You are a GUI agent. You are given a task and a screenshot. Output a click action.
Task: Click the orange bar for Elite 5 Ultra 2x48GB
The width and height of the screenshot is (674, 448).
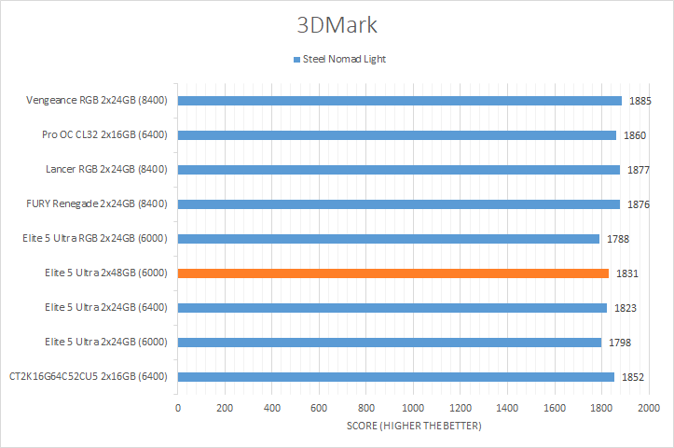click(x=392, y=273)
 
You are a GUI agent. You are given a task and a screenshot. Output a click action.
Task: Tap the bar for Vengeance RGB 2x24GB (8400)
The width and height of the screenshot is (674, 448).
click(x=399, y=101)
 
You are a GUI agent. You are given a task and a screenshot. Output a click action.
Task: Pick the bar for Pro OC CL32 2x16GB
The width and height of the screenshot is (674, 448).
click(x=396, y=135)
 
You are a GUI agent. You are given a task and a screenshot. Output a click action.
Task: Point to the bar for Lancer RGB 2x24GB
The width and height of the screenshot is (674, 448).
click(x=398, y=170)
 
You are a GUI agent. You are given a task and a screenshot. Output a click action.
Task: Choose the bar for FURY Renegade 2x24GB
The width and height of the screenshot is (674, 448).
click(x=398, y=204)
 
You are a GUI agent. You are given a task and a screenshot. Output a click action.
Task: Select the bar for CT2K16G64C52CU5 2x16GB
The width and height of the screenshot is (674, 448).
click(x=395, y=377)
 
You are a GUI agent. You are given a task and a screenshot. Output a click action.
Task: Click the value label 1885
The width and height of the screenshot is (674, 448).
click(x=640, y=101)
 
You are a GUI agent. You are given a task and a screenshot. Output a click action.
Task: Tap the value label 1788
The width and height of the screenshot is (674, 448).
click(x=618, y=239)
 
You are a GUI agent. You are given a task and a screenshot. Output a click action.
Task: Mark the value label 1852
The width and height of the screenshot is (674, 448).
click(x=633, y=377)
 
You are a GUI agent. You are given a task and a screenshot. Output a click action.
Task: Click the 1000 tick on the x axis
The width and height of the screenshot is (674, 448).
click(x=413, y=409)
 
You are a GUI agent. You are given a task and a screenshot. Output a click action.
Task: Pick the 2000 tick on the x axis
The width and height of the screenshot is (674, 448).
click(x=648, y=409)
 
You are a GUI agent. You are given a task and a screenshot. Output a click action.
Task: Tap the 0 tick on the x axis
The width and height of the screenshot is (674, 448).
click(x=178, y=409)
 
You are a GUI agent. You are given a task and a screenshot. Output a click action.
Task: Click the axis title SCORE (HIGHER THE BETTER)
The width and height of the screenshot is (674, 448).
click(x=413, y=427)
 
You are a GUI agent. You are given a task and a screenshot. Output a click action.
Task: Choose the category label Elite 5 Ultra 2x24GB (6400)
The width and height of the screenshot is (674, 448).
click(x=105, y=307)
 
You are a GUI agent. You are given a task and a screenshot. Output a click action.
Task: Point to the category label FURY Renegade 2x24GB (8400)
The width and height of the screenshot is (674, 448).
click(x=98, y=203)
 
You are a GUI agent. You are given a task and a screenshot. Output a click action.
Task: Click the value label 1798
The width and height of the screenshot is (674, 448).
click(x=621, y=343)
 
